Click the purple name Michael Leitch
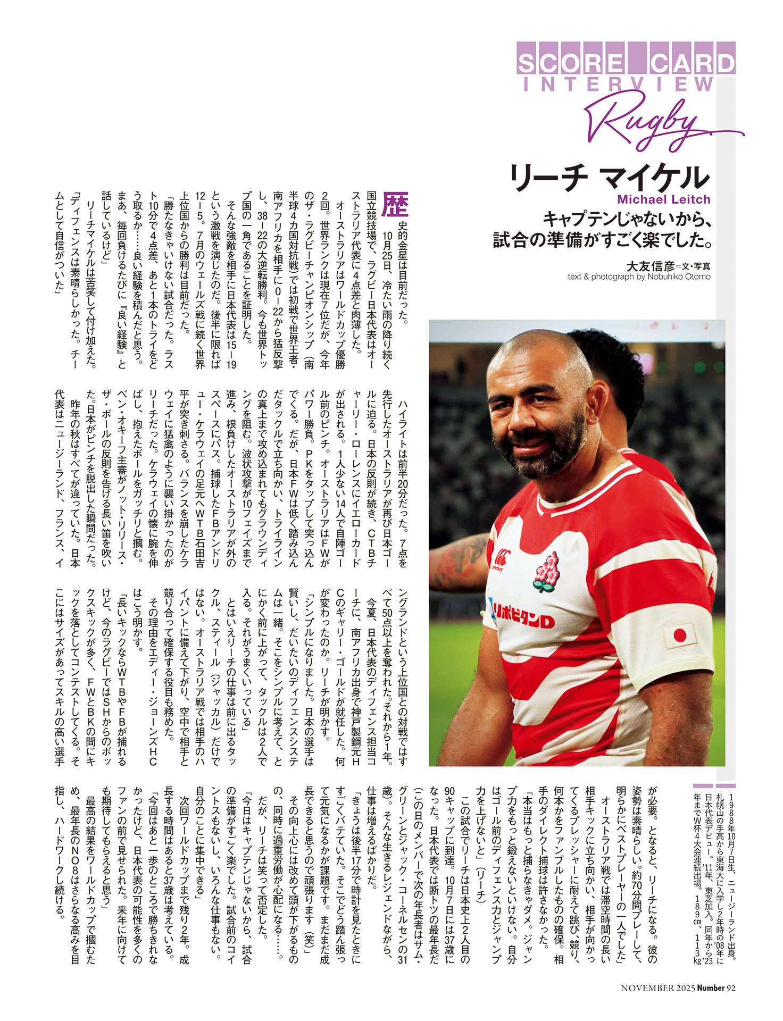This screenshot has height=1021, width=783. (664, 199)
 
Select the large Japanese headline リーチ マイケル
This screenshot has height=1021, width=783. (610, 178)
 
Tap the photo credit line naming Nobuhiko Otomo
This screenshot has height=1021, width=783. (639, 277)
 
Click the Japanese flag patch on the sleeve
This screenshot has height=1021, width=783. (679, 635)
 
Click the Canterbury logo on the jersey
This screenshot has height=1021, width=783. (502, 559)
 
